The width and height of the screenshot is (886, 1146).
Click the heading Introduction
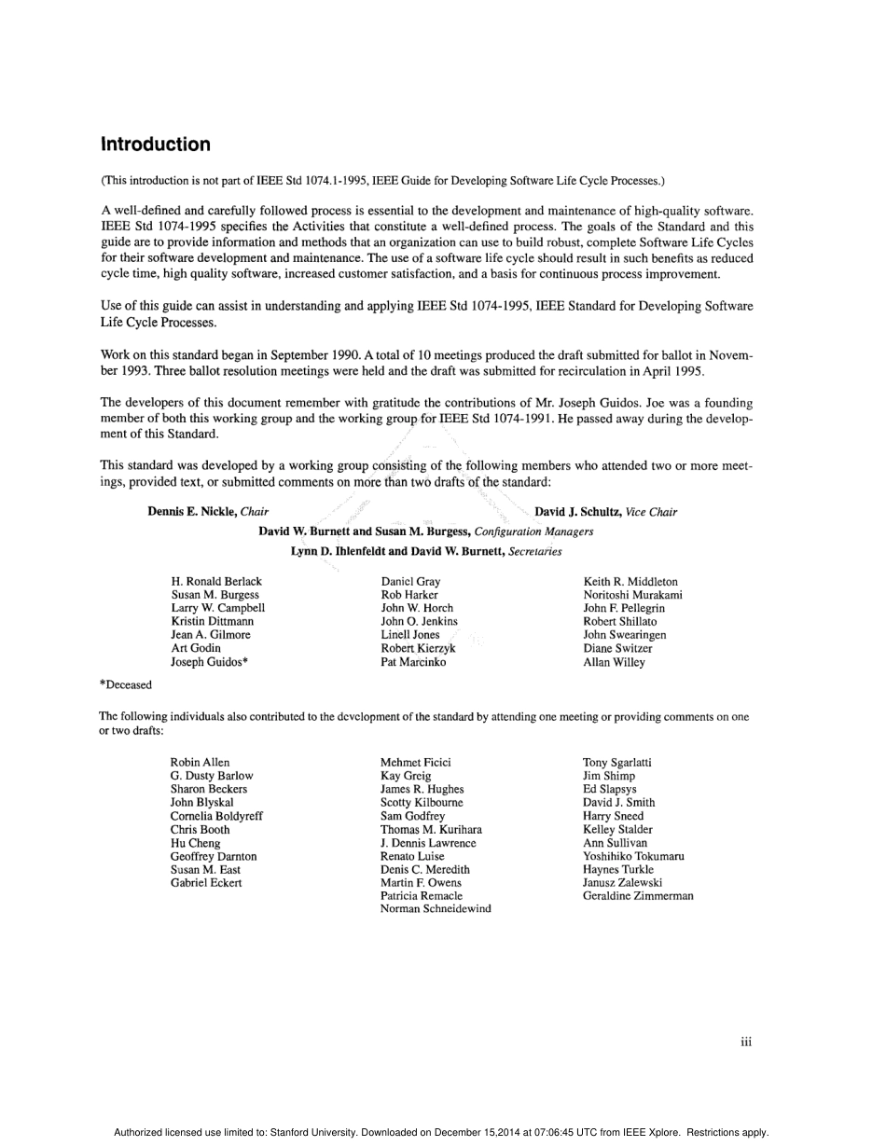pos(156,145)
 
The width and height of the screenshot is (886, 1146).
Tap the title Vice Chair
pos(651,512)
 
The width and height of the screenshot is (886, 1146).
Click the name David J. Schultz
pos(577,512)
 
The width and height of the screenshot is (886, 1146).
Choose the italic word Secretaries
pos(535,551)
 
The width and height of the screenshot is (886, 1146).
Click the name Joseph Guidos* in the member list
pos(209,662)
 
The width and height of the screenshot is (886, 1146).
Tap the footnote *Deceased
pos(126,684)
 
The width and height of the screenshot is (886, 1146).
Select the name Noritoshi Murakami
pos(632,595)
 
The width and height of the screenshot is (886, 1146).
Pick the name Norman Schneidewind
pos(436,909)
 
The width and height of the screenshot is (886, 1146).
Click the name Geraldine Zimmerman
pos(638,896)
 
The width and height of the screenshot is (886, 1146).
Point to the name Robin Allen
pos(200,763)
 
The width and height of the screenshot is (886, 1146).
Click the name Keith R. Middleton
pos(630,582)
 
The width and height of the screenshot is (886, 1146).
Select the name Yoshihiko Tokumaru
pos(633,856)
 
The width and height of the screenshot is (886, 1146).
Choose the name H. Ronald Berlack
pos(216,582)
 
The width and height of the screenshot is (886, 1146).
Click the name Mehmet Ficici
pos(415,763)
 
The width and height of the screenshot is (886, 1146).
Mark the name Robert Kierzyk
pos(418,648)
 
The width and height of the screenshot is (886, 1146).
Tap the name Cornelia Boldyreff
pos(216,816)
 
